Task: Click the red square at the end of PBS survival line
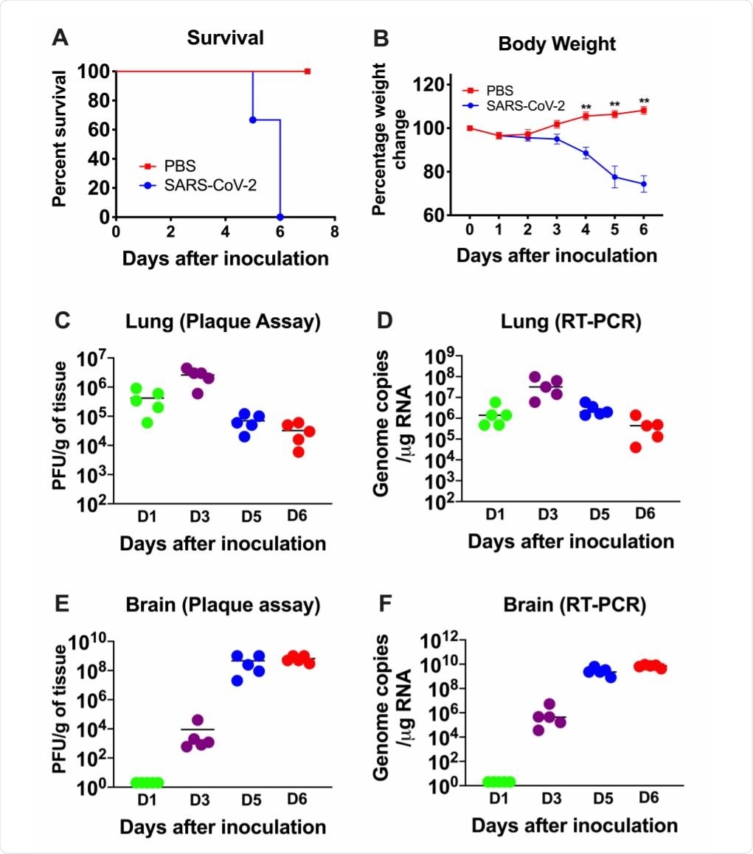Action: pos(308,72)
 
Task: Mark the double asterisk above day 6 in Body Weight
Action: pos(644,102)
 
